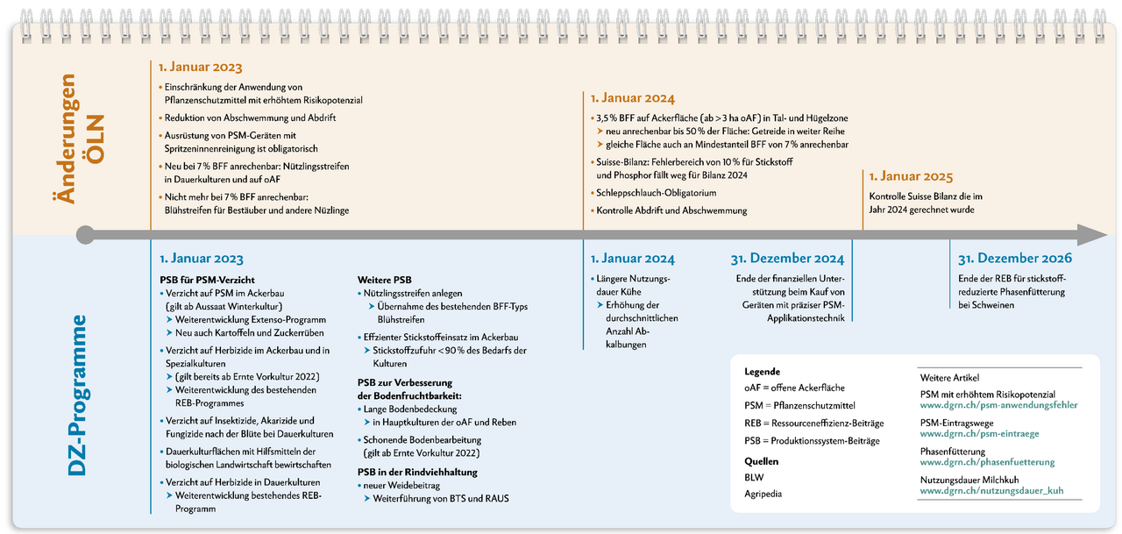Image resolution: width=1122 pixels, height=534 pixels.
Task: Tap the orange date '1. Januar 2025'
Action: click(911, 176)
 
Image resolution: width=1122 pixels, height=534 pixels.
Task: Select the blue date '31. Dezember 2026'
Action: click(1014, 259)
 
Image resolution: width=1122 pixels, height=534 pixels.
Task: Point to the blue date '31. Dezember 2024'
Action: click(786, 259)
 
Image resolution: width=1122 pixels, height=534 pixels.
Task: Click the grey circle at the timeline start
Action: click(85, 235)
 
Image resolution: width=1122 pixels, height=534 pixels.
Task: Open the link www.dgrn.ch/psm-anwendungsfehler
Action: click(998, 405)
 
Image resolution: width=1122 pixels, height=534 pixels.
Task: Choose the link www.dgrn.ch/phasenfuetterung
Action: click(987, 462)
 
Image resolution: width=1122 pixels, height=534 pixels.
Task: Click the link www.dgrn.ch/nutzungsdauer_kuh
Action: click(991, 491)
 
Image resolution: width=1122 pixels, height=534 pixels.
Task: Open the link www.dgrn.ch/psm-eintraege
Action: click(979, 434)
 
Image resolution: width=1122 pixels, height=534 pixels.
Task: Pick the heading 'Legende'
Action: click(762, 371)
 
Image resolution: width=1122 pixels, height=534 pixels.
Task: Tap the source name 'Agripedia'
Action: click(763, 494)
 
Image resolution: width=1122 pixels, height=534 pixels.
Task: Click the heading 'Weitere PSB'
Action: click(383, 278)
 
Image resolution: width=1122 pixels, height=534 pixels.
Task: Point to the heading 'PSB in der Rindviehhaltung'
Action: click(417, 472)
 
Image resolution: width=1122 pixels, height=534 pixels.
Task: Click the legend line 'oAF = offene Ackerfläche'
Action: click(794, 388)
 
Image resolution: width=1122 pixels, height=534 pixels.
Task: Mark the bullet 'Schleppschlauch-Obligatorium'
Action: click(657, 193)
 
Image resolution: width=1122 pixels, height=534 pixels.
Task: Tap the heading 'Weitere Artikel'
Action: click(949, 378)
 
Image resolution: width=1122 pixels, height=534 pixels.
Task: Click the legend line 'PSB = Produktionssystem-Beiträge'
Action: click(812, 440)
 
